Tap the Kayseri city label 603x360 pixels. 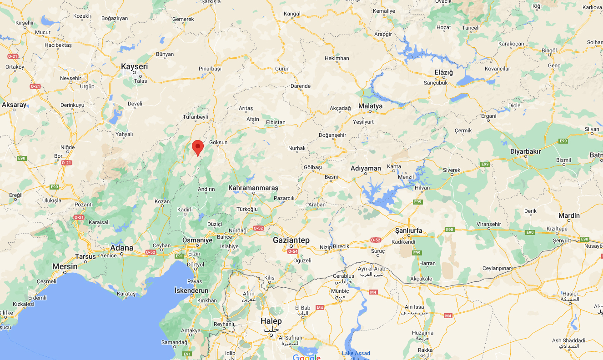click(x=134, y=67)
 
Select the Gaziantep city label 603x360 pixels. click(x=291, y=240)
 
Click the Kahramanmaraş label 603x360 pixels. click(x=253, y=188)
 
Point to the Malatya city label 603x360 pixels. click(x=370, y=106)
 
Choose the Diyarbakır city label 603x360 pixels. click(x=525, y=151)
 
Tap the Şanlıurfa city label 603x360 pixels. click(x=409, y=231)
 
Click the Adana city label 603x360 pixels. click(x=122, y=248)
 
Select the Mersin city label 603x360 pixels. click(x=65, y=266)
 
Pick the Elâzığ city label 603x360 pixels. click(x=444, y=72)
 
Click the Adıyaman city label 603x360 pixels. click(x=366, y=169)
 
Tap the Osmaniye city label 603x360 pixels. click(x=197, y=240)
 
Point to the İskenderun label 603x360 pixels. click(x=191, y=290)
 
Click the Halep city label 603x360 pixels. click(x=271, y=321)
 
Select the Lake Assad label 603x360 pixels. click(x=356, y=353)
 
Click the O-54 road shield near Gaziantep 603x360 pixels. click(x=293, y=251)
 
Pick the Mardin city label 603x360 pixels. click(x=569, y=215)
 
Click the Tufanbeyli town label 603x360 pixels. click(x=195, y=117)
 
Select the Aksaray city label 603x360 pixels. click(x=14, y=105)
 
